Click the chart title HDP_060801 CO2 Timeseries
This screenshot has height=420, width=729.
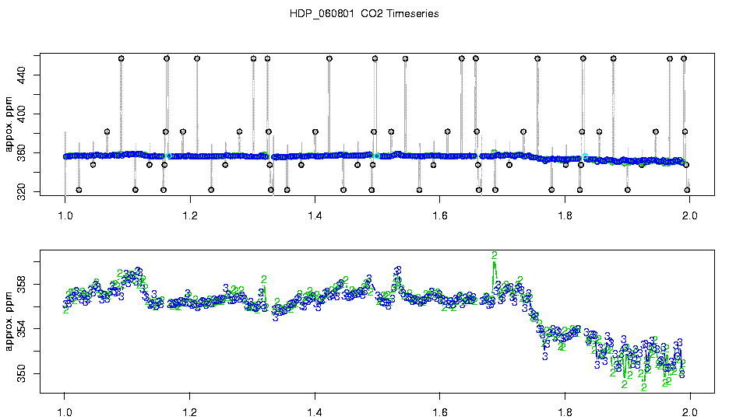pos(364,14)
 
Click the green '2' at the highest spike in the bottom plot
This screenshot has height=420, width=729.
pos(494,256)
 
